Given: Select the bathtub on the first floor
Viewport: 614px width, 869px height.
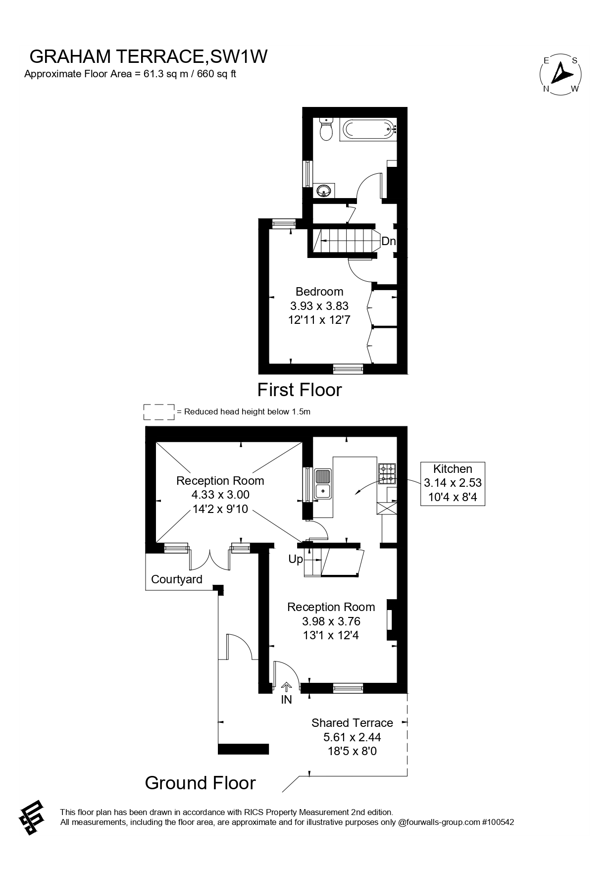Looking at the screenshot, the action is [x=369, y=130].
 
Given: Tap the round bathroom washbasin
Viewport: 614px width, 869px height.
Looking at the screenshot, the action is [x=324, y=190].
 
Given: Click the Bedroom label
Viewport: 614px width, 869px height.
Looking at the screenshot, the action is [x=319, y=291].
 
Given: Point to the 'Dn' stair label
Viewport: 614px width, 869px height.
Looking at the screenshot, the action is [x=388, y=241].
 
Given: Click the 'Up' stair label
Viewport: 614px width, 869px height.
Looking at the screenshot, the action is [x=296, y=559].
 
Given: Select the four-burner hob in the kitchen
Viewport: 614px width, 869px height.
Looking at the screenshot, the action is [x=387, y=473].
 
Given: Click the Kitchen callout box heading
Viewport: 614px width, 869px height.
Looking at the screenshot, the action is [x=453, y=469].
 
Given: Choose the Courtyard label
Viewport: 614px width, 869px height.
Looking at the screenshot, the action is [x=177, y=579].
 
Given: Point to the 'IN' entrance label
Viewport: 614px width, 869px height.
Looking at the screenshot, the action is [x=286, y=700].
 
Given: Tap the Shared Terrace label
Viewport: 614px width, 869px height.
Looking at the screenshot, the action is [x=352, y=723].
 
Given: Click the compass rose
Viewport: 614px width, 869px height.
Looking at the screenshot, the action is [x=560, y=74].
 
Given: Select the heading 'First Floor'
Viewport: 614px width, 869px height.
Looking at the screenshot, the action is [x=300, y=390].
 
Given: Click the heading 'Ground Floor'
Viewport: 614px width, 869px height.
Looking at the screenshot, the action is [x=200, y=783].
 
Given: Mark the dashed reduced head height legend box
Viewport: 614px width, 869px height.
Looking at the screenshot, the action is [x=159, y=412].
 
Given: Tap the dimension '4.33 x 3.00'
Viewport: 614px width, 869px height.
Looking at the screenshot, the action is [x=220, y=494].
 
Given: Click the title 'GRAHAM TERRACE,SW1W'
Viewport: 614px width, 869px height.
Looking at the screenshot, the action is [x=149, y=57].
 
